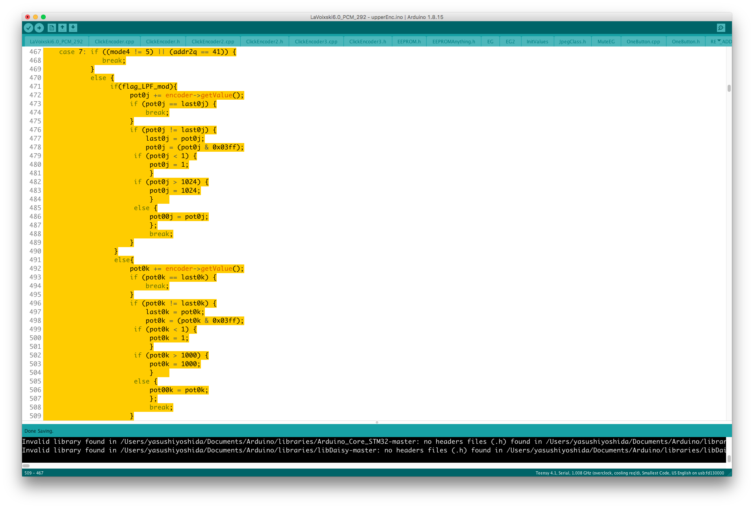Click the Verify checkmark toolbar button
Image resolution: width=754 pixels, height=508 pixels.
point(28,28)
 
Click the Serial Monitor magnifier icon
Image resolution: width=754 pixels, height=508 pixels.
point(721,28)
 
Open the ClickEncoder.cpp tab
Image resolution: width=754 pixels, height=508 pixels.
point(114,41)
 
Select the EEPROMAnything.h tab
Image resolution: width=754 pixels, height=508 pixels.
point(453,41)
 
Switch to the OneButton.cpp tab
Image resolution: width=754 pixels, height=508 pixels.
point(643,41)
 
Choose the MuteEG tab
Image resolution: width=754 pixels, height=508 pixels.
point(606,41)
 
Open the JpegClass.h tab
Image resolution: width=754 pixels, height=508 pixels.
point(572,41)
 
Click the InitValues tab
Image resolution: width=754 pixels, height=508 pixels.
point(537,41)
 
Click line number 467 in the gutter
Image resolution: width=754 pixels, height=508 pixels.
point(35,52)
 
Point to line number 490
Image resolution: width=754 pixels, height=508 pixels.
point(35,251)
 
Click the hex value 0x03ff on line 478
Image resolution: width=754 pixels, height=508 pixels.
point(226,147)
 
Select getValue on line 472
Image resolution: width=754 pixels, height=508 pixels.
point(216,95)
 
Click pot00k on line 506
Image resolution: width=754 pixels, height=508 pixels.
point(161,390)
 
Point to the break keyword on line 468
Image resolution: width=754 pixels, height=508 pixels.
point(112,60)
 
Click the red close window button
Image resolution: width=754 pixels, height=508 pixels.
point(28,17)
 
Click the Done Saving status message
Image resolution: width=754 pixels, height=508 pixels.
point(39,431)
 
